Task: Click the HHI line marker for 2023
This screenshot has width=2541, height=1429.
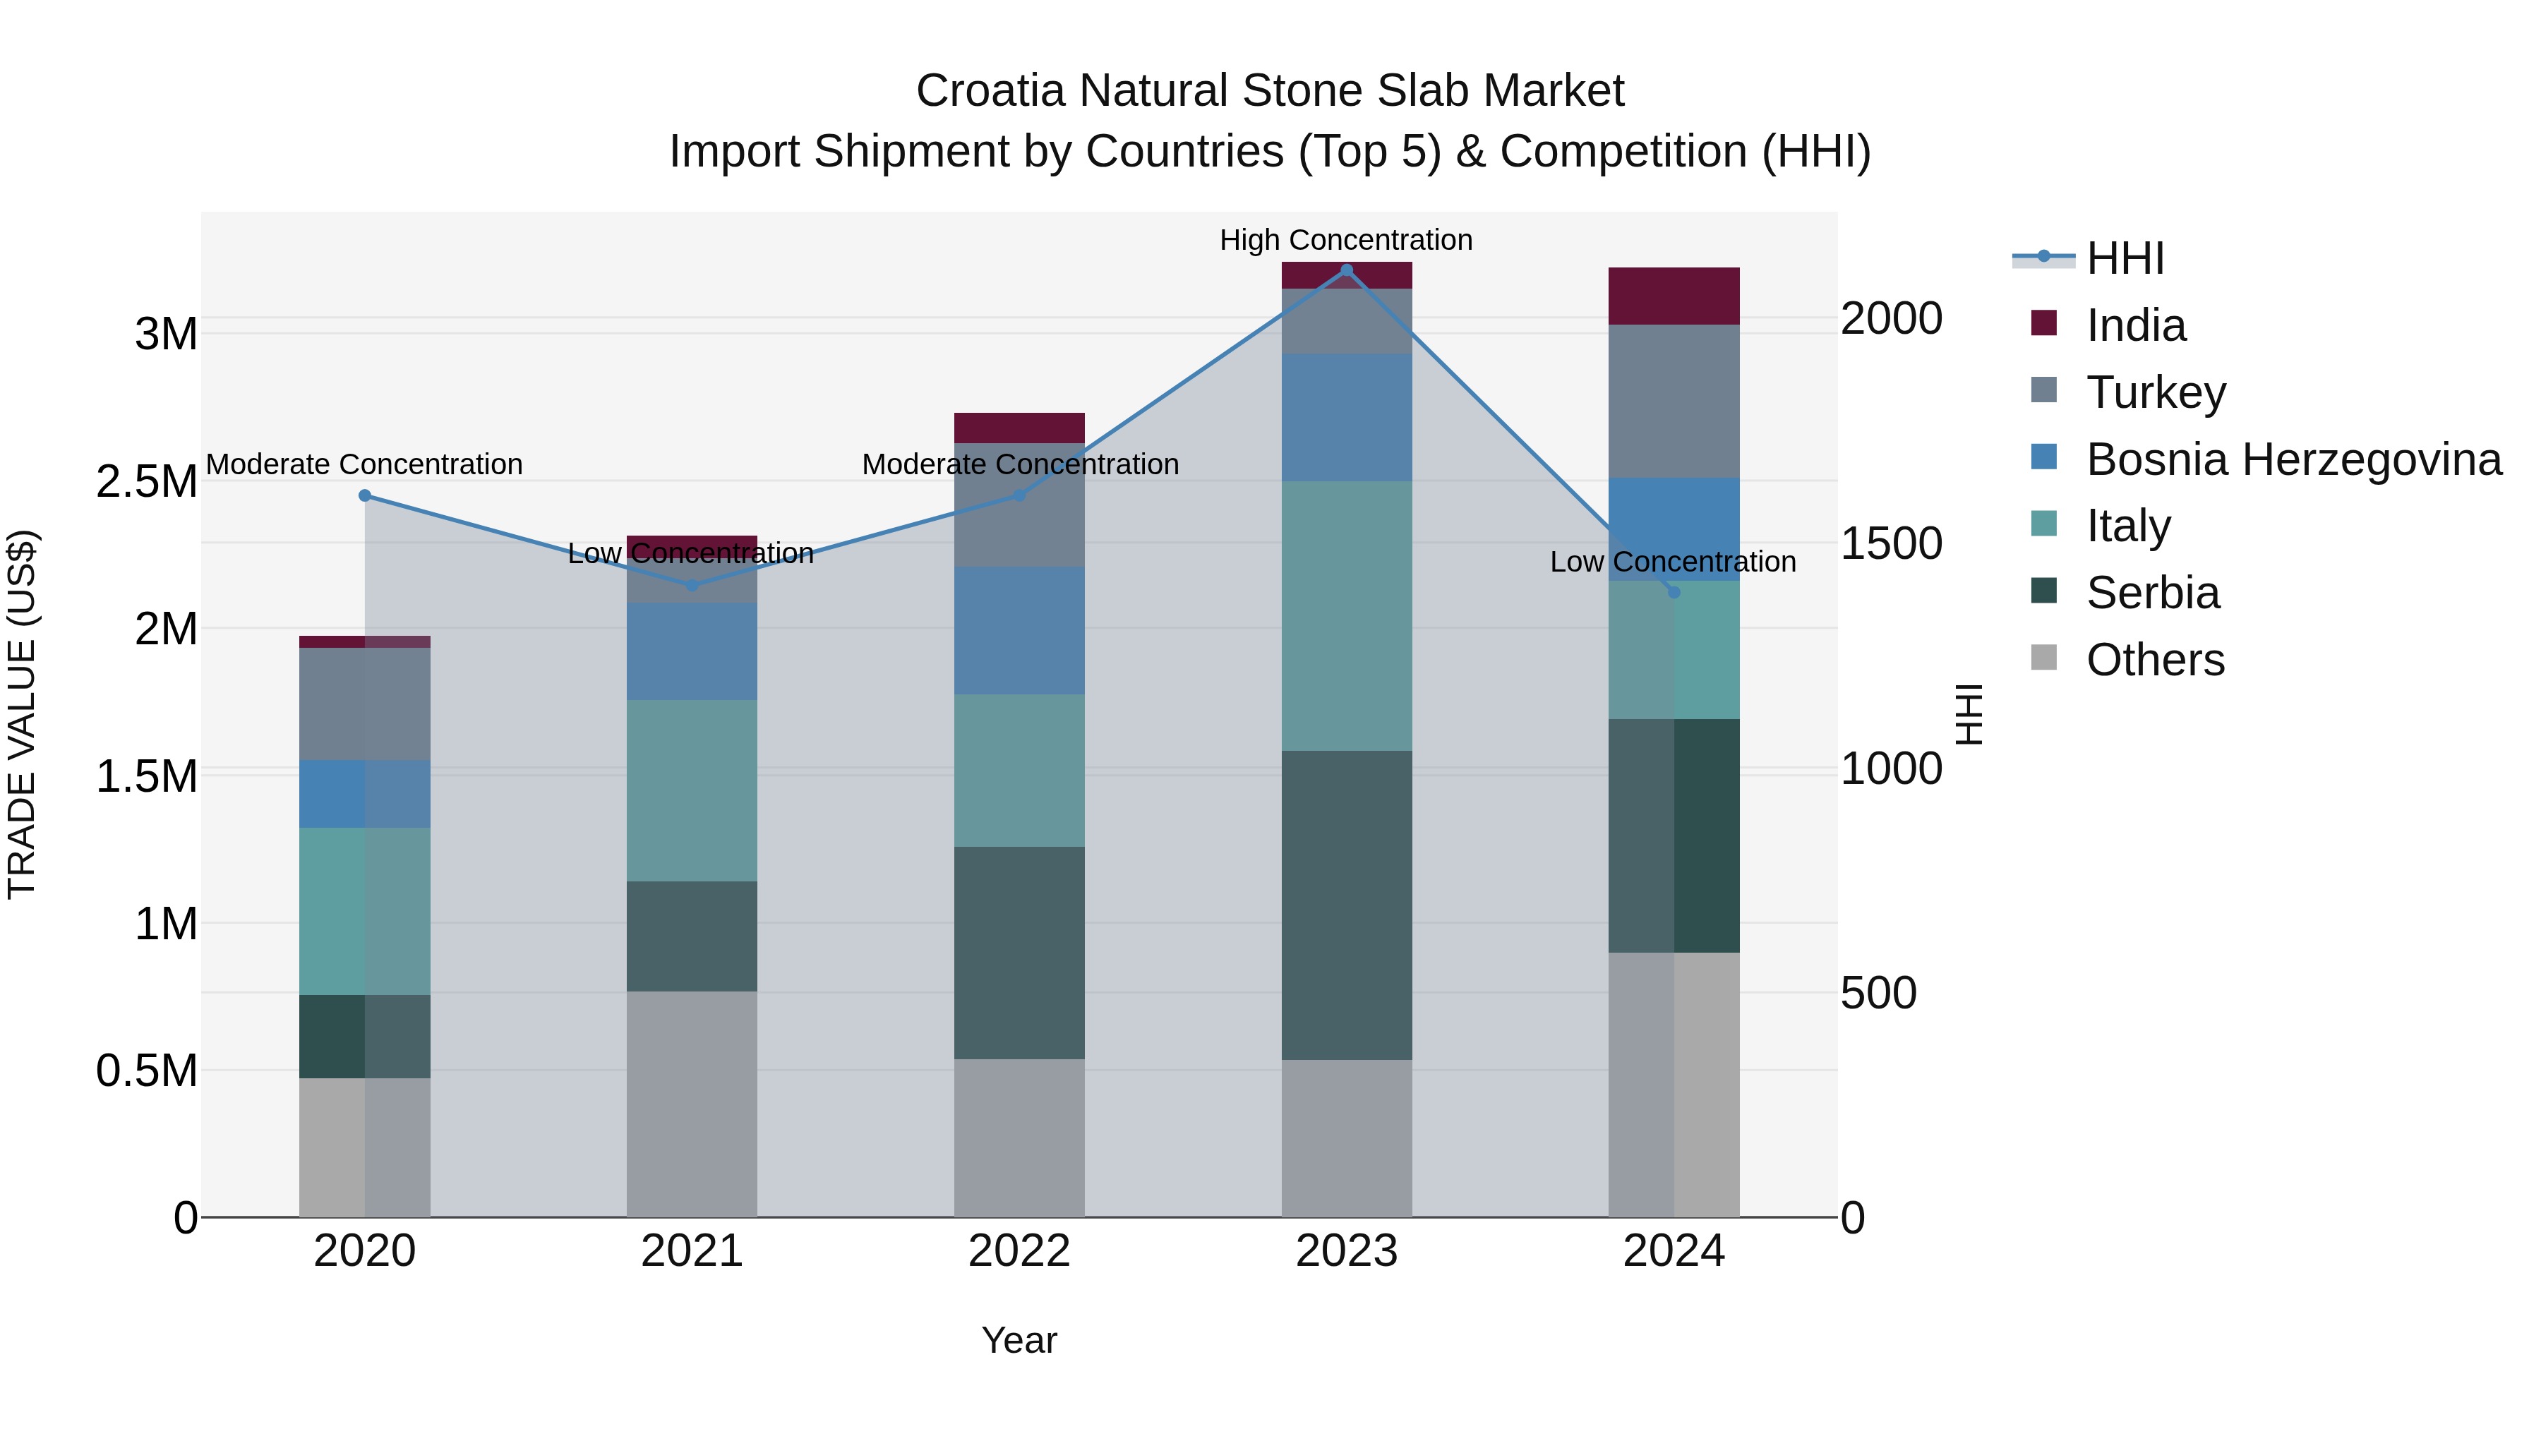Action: coord(1347,270)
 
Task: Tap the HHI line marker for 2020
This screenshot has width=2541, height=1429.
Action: coord(365,495)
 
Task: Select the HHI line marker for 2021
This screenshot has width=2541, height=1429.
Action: coord(692,585)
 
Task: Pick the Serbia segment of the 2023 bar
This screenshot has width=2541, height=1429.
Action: coord(1347,905)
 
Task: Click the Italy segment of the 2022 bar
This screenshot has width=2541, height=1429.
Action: coord(1019,769)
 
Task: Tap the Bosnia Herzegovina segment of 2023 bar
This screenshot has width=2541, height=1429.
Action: coord(1347,417)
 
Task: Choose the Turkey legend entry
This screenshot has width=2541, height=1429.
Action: coord(2156,392)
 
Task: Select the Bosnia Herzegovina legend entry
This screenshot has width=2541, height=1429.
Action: coord(2293,459)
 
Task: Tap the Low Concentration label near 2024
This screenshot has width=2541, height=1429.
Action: coord(1672,562)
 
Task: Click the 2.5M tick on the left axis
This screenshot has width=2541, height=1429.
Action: coord(147,481)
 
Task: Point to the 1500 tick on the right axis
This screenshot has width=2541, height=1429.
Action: coord(1891,543)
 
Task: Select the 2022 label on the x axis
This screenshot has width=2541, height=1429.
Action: coord(1019,1250)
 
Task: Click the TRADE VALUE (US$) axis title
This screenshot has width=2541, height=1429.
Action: coord(22,714)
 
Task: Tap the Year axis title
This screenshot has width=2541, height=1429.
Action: coord(1019,1340)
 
